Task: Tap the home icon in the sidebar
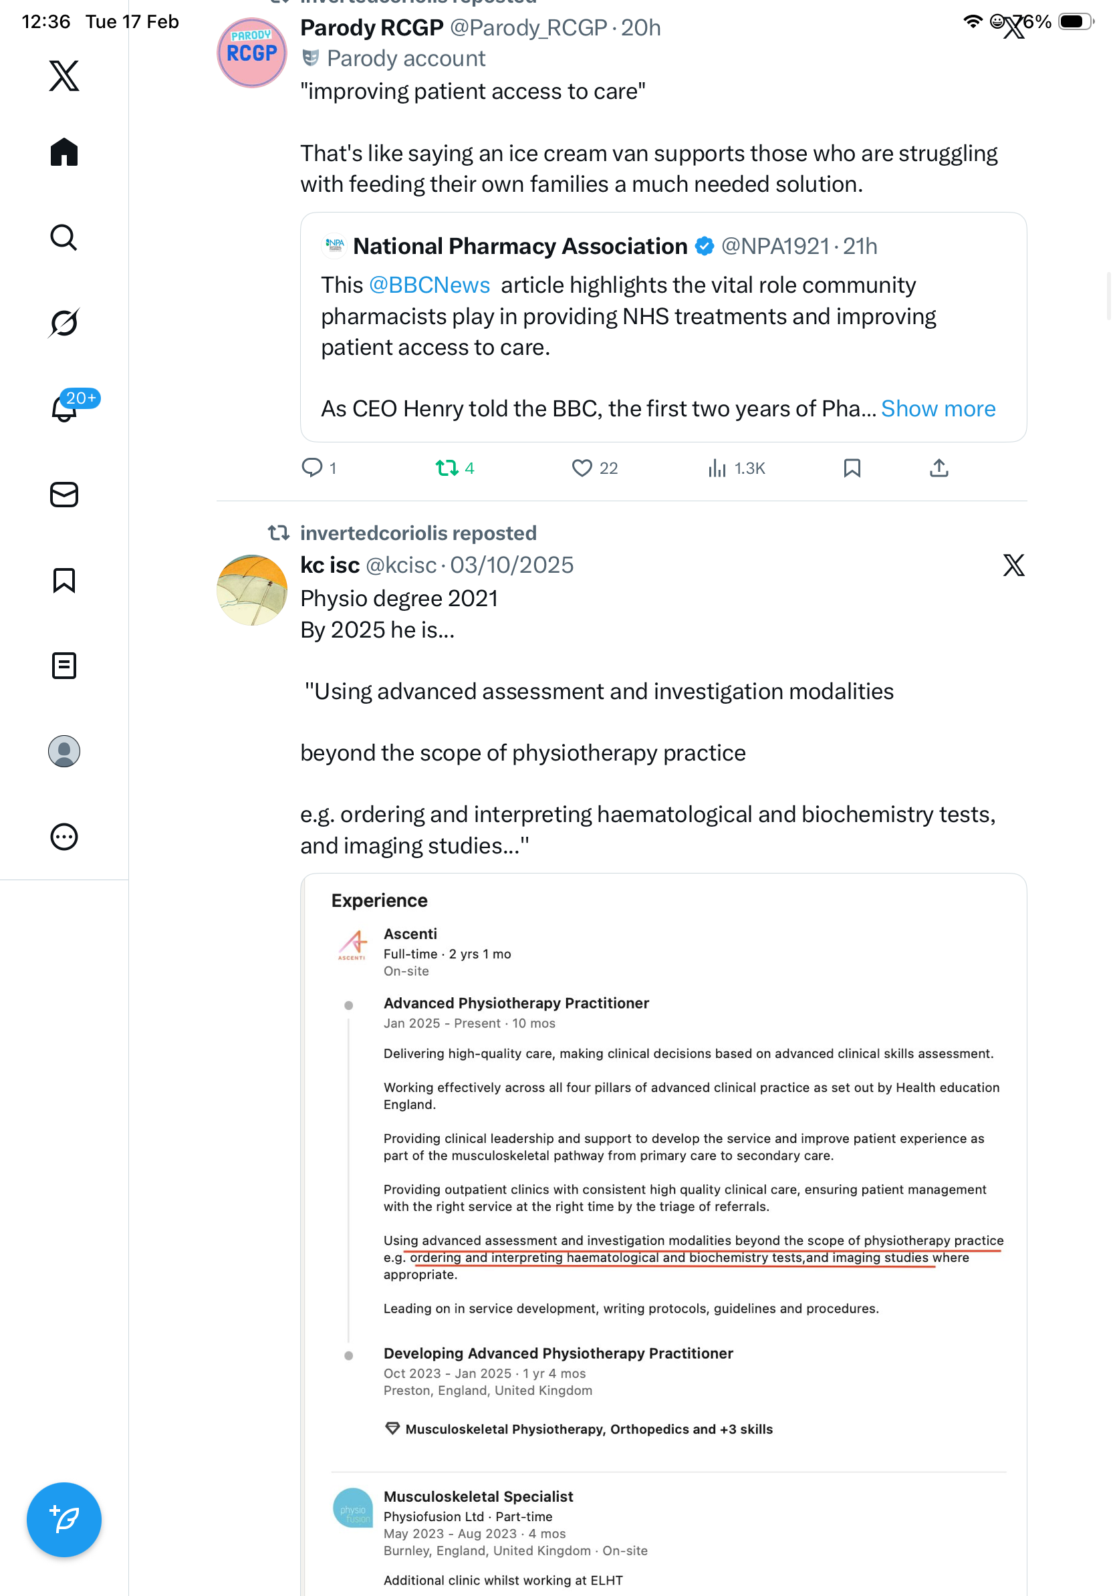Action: tap(64, 152)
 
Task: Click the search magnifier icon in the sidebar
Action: tap(64, 238)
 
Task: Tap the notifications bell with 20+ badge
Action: tap(65, 408)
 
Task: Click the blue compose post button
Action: tap(64, 1520)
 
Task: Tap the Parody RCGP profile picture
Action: tap(251, 53)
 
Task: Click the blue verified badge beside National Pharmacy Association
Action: tap(705, 246)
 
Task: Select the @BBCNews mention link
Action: tap(430, 285)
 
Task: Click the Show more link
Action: tap(938, 409)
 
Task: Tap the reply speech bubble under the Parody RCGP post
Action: tap(312, 467)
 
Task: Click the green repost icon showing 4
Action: tap(447, 468)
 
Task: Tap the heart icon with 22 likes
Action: tap(582, 468)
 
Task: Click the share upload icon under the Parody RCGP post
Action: tap(939, 468)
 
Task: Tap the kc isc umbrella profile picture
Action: tap(251, 589)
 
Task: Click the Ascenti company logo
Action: tap(353, 944)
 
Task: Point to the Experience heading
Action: tap(380, 901)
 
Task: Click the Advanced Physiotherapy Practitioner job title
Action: tap(517, 1003)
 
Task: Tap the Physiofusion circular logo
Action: tap(353, 1508)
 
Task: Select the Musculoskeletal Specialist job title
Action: tap(478, 1496)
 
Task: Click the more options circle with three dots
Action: tap(64, 837)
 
